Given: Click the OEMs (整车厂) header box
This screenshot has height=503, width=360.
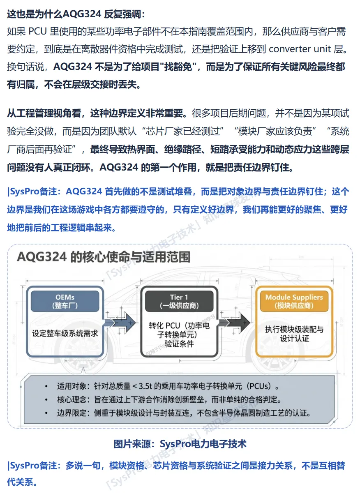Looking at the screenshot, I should click(x=65, y=301).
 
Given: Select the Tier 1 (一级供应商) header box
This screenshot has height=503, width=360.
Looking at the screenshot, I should click(x=179, y=301).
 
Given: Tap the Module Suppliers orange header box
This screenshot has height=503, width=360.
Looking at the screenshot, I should click(x=294, y=301).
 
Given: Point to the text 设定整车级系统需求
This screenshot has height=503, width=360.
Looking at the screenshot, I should click(x=65, y=333).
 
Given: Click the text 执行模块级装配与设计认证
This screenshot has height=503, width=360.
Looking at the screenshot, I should click(x=294, y=334).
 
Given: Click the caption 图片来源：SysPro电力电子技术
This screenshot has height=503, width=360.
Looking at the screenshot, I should click(x=180, y=444).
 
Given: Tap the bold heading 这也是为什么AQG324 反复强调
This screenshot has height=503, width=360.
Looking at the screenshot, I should click(x=76, y=14).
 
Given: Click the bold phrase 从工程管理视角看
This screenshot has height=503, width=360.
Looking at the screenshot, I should click(x=44, y=112).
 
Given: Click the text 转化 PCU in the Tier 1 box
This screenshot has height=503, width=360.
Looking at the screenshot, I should click(x=164, y=325).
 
